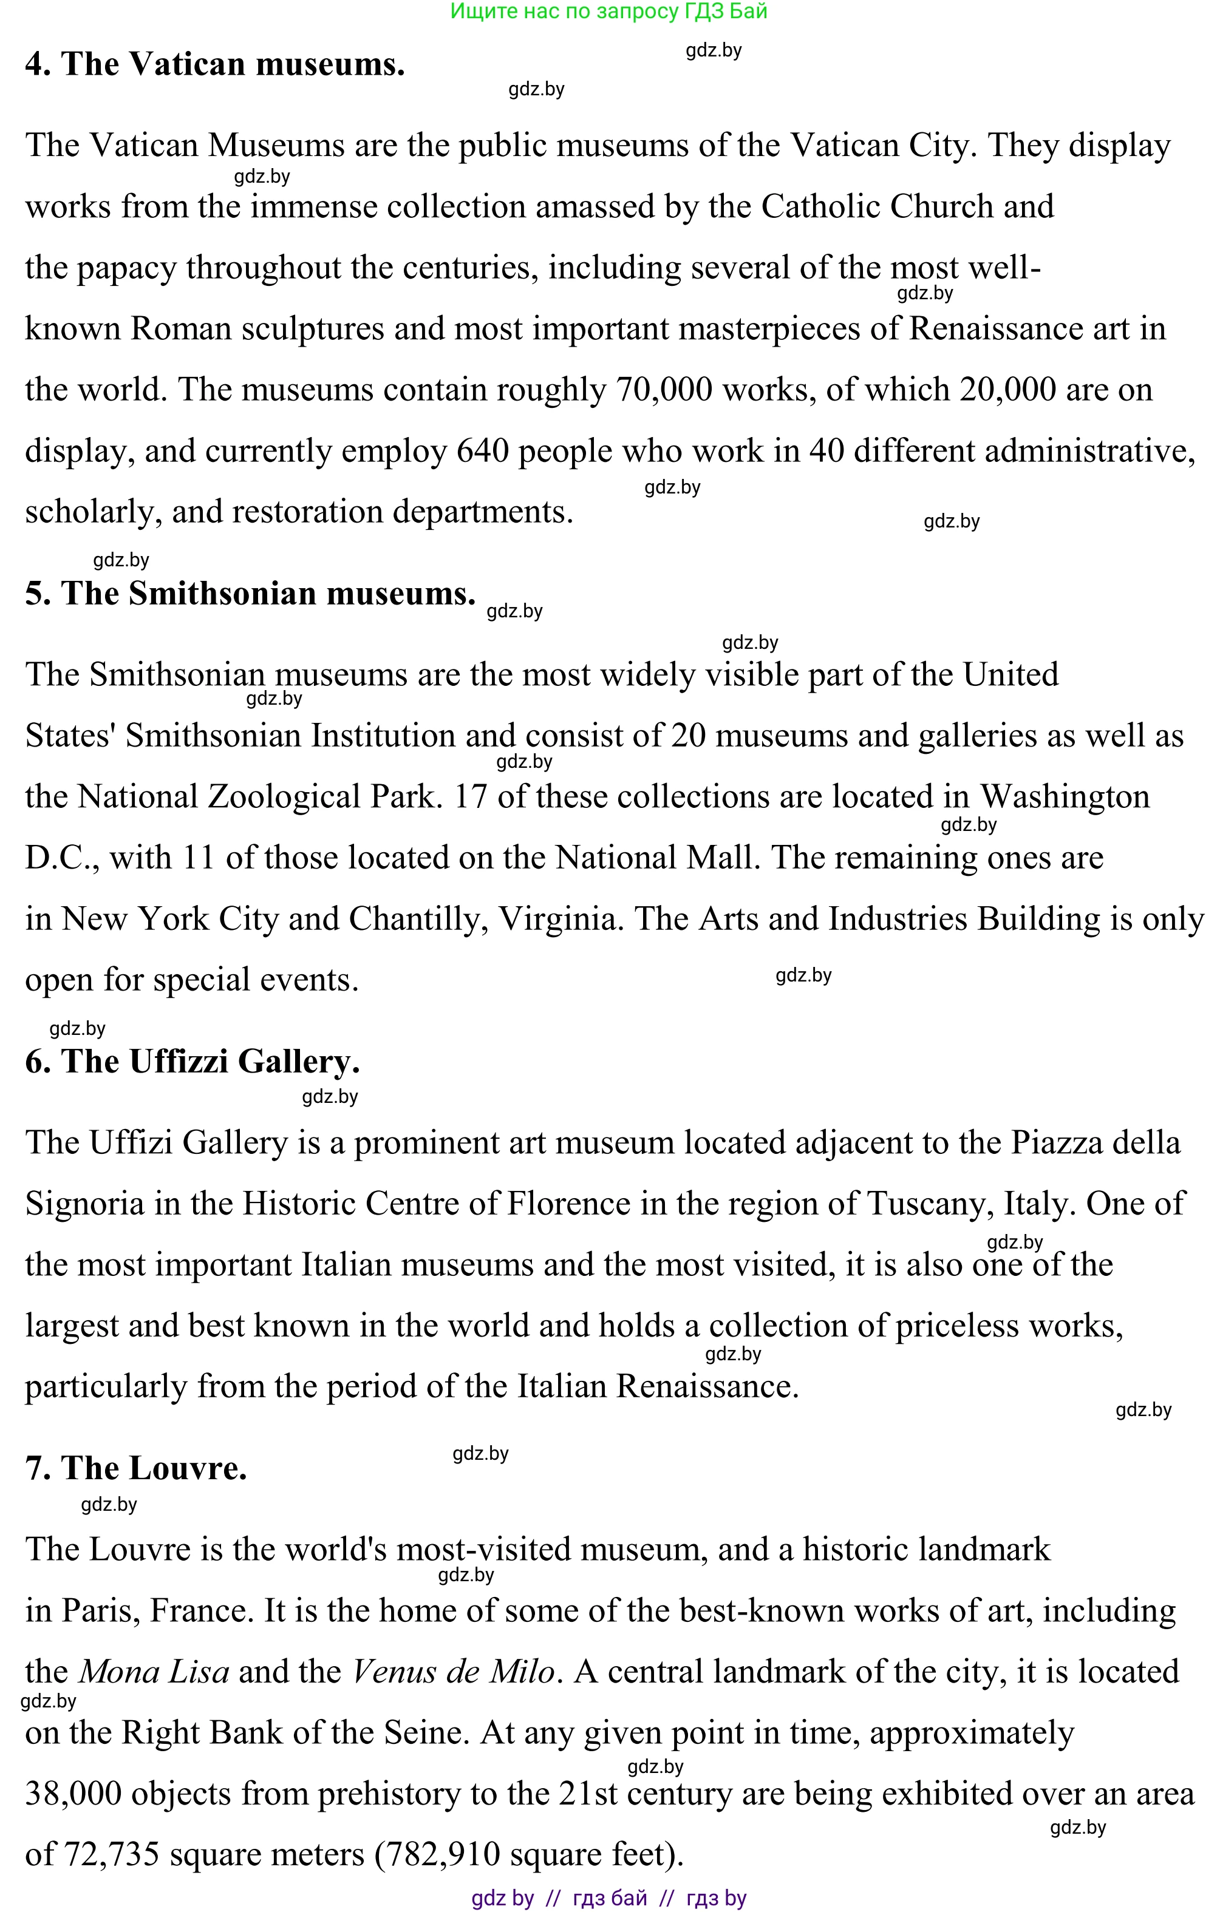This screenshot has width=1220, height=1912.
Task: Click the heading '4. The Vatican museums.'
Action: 214,64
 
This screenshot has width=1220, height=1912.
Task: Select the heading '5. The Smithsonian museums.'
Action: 250,593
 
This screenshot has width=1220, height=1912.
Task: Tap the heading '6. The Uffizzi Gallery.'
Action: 193,1062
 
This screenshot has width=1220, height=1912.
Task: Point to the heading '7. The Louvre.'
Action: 136,1468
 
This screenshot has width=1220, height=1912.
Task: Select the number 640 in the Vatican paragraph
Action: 482,451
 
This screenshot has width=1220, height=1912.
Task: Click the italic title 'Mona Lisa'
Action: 154,1672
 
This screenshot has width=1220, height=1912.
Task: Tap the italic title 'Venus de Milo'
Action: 453,1672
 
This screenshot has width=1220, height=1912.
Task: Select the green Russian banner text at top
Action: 608,11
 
